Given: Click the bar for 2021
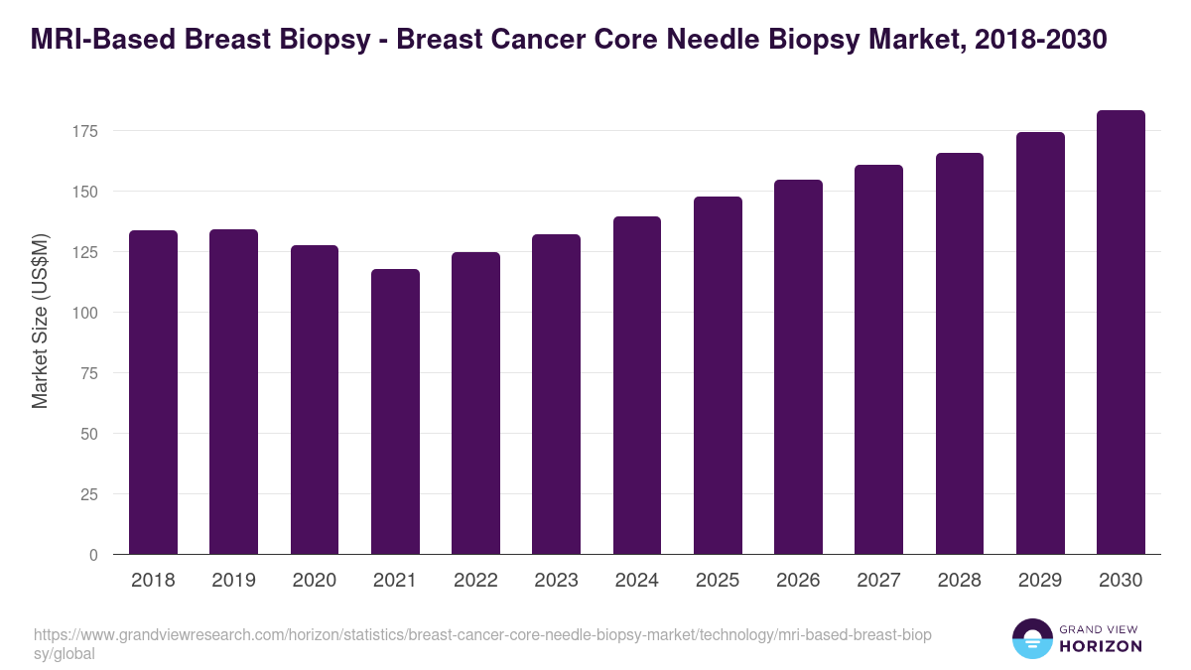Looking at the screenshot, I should click(x=395, y=412).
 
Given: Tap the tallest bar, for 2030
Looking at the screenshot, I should click(x=1121, y=333).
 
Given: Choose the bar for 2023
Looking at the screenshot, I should click(x=556, y=394).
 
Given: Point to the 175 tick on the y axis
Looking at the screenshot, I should click(x=87, y=131).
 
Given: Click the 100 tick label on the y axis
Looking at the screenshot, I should click(x=87, y=313).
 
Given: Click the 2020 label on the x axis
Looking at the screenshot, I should click(x=315, y=581).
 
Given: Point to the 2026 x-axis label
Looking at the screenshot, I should click(x=798, y=581).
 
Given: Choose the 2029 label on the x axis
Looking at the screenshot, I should click(x=1040, y=581).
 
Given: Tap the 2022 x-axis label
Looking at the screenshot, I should click(x=475, y=581).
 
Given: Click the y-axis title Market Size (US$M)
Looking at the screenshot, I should click(x=40, y=321).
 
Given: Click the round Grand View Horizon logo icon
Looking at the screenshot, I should click(x=1031, y=638).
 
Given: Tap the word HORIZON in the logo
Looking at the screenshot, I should click(x=1101, y=646).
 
